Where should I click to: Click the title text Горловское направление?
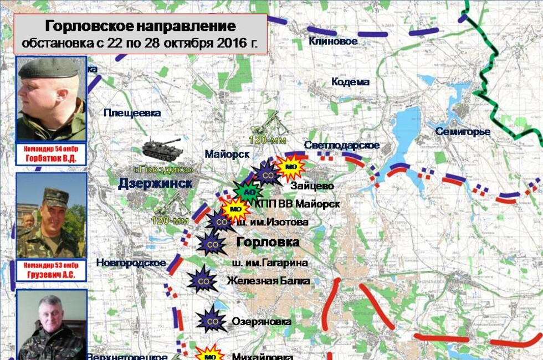coord(140,27)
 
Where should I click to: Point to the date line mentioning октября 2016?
coord(140,43)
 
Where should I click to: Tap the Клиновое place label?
coord(333,41)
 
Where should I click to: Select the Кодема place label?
coord(350,82)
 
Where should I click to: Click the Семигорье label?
coord(463,132)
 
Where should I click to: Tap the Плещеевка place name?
coord(132,113)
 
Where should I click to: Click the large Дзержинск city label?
coord(155,184)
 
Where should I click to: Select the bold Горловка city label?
coord(268,242)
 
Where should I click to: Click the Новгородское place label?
coord(131,263)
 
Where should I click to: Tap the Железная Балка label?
coord(268,281)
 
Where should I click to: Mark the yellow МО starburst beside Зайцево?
coord(290,166)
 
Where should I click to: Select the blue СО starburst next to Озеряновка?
coord(212,320)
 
